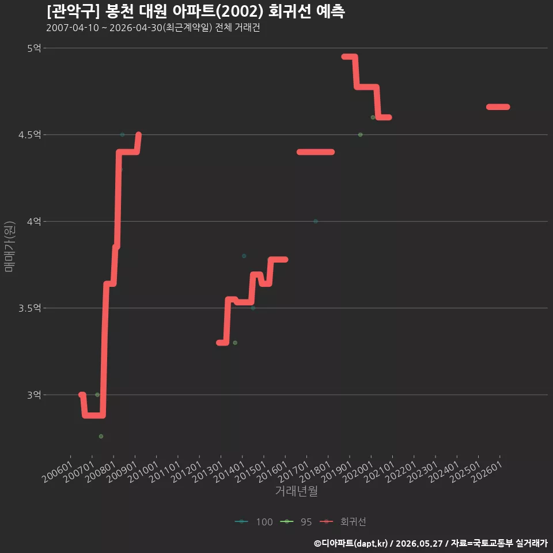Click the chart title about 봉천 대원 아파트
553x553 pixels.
196,12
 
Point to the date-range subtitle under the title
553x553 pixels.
153,28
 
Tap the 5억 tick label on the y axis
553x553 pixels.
34,48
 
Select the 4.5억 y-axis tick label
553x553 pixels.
29,135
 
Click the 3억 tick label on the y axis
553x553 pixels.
34,395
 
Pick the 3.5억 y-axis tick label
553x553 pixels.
29,308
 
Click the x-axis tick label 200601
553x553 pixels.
58,472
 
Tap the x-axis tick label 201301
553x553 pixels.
208,472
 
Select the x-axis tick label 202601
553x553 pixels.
487,472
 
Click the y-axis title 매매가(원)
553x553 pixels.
9,247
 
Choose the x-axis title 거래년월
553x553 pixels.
296,491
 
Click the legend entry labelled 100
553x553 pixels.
254,522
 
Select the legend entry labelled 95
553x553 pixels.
296,522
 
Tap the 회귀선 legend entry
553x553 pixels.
343,522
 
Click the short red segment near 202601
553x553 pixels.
498,107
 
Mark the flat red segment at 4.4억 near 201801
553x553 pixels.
316,152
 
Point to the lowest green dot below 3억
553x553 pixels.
101,436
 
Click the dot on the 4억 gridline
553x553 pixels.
316,221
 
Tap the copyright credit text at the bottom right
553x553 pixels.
431,543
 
